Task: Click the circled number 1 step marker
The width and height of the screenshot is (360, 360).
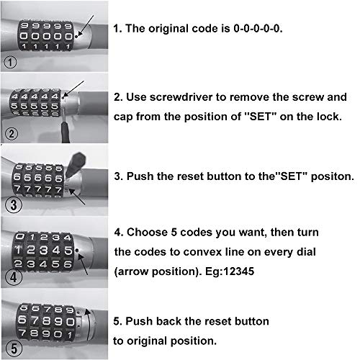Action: pyautogui.click(x=10, y=61)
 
